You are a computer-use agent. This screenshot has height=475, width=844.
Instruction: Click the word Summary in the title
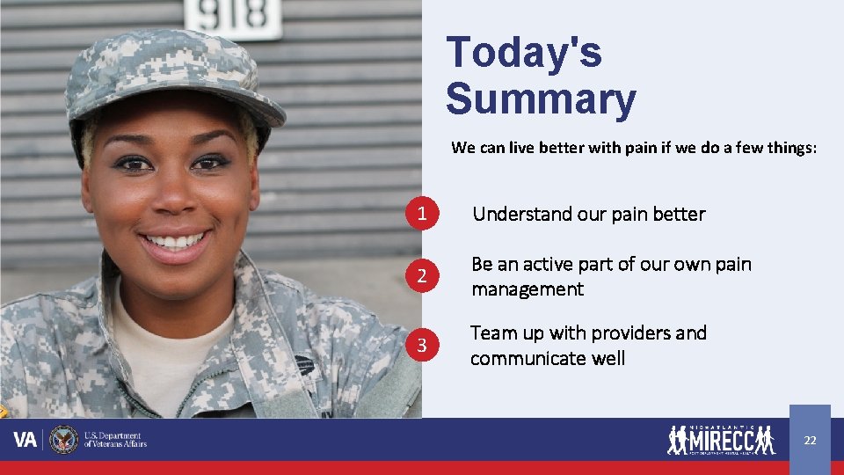click(540, 99)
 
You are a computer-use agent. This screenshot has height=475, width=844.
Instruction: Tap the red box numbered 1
click(423, 214)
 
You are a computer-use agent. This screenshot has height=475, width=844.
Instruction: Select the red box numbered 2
click(423, 276)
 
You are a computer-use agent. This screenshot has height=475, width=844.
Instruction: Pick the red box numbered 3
click(423, 346)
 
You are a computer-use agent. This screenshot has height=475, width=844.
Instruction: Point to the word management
click(527, 289)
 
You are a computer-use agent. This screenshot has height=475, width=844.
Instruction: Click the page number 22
click(810, 440)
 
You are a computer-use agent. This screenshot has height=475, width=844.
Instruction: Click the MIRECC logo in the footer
click(721, 439)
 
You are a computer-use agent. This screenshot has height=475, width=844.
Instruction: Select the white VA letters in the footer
click(25, 440)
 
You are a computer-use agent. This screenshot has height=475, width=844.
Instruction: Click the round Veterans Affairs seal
click(63, 440)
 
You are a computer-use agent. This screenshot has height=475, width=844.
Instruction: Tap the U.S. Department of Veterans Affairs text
click(115, 440)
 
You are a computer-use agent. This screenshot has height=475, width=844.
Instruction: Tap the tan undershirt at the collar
click(167, 352)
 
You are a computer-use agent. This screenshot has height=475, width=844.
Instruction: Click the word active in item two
click(548, 264)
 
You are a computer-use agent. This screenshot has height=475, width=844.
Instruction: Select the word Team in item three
click(492, 333)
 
